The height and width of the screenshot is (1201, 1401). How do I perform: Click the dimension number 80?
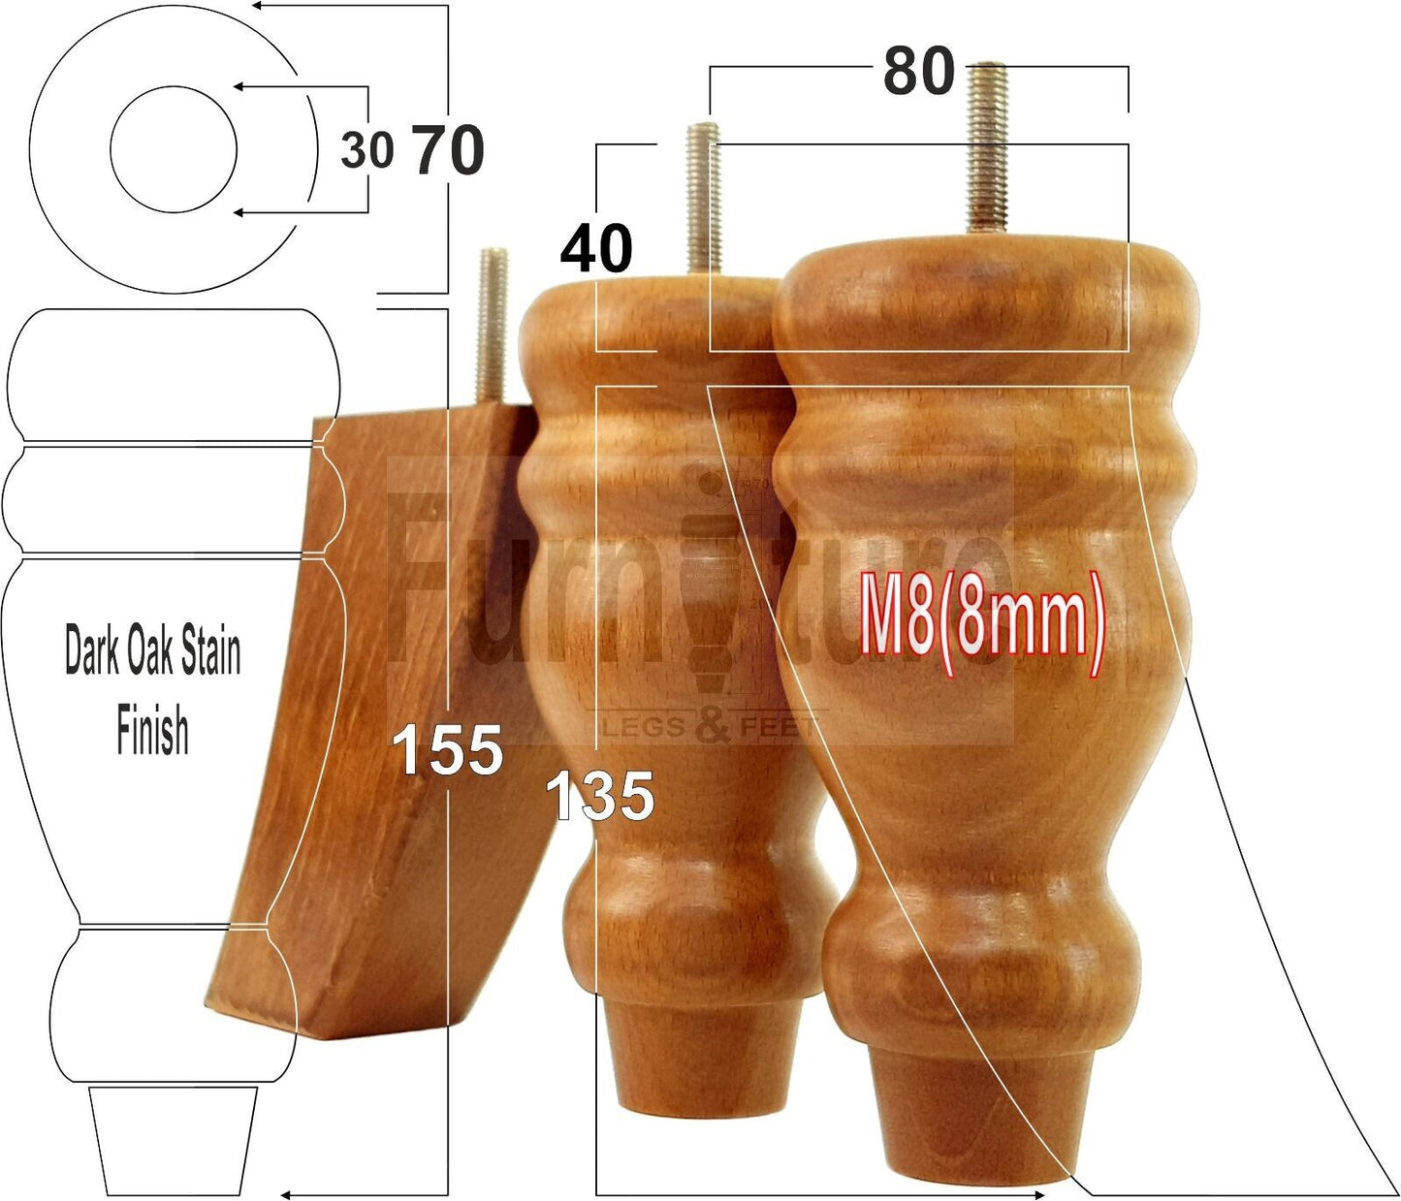pos(917,72)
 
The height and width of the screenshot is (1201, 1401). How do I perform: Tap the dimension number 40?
pos(596,248)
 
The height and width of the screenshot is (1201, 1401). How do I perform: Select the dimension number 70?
pos(449,151)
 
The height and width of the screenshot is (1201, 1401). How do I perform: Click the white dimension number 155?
pos(448,751)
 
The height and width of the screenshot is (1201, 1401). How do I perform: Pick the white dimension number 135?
pos(599,797)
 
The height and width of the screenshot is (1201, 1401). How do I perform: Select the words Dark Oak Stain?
pos(152,650)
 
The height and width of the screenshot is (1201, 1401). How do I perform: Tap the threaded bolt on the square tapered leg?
pos(492,324)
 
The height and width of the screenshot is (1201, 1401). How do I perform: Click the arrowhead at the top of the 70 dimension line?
pos(261,6)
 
